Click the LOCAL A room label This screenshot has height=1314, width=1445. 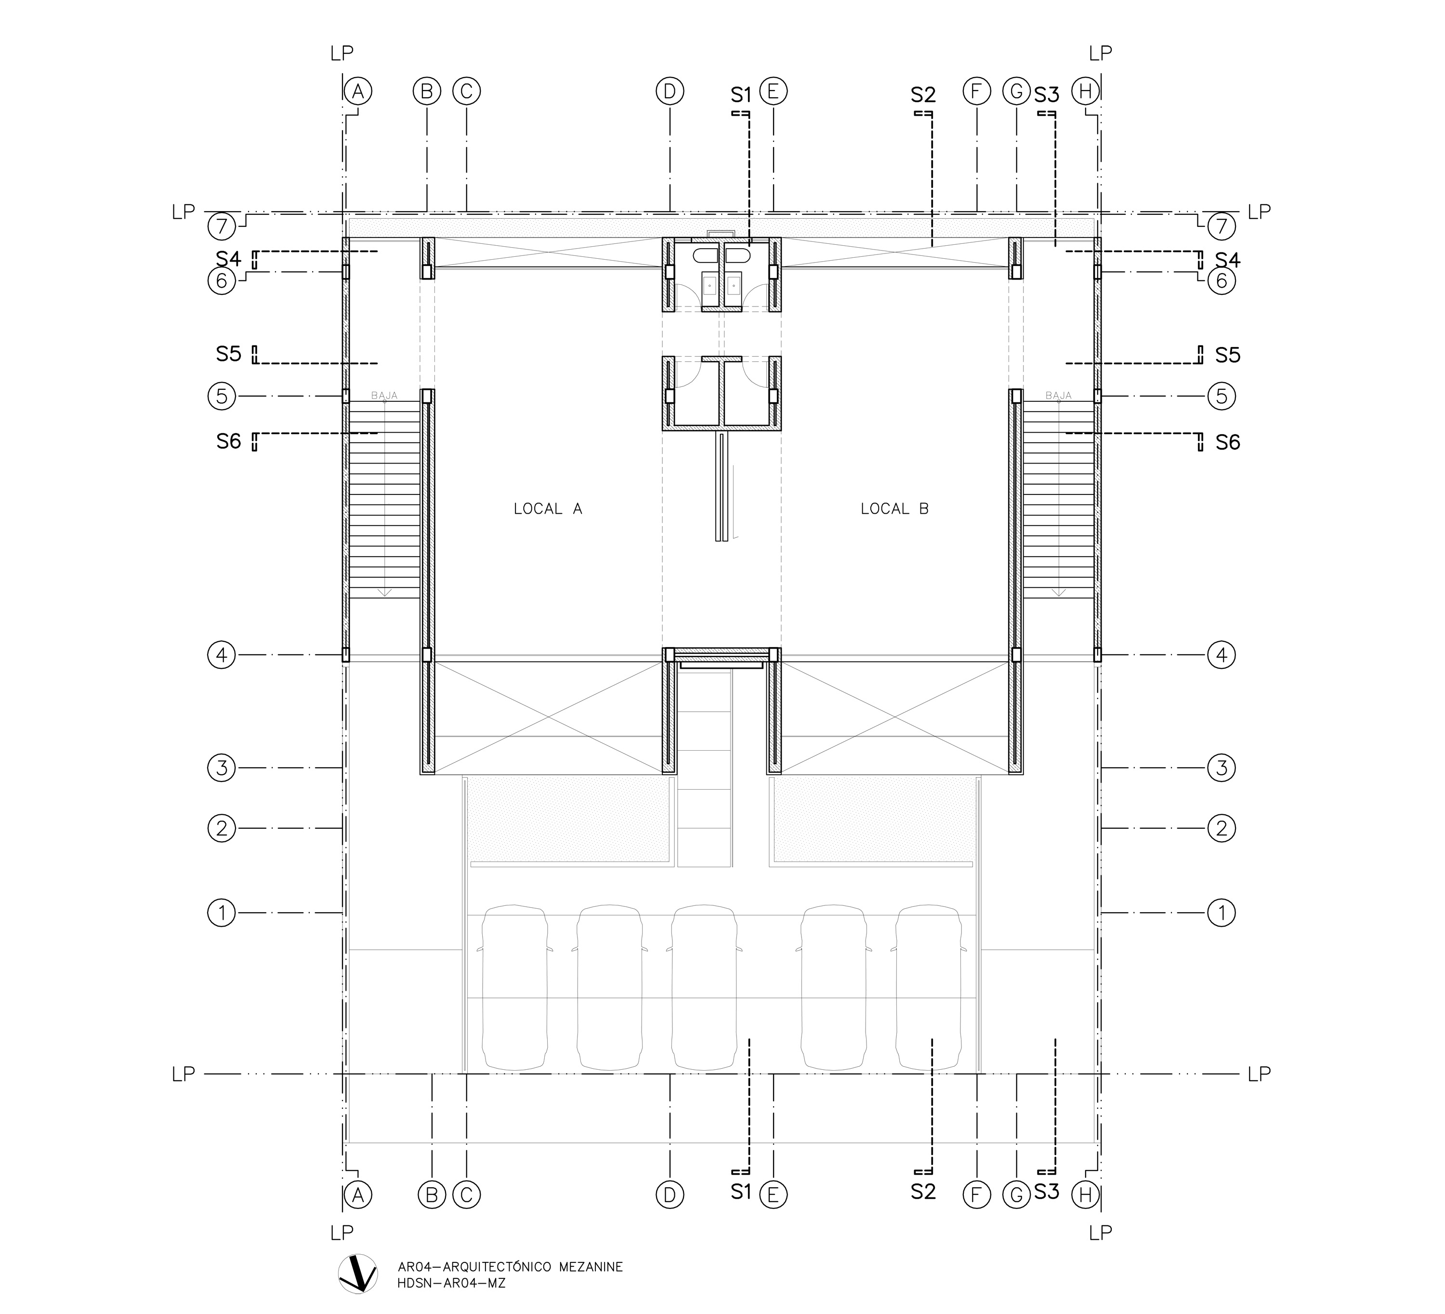pyautogui.click(x=548, y=509)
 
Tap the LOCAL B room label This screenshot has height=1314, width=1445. pyautogui.click(x=894, y=509)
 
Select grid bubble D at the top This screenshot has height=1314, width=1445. pyautogui.click(x=670, y=92)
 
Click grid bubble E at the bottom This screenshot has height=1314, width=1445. pyautogui.click(x=774, y=1195)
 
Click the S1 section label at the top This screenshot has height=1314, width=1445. pyautogui.click(x=741, y=94)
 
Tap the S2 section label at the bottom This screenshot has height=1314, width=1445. pyautogui.click(x=924, y=1192)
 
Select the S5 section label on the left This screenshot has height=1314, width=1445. pyautogui.click(x=229, y=355)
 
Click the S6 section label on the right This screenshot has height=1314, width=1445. pyautogui.click(x=1228, y=442)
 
